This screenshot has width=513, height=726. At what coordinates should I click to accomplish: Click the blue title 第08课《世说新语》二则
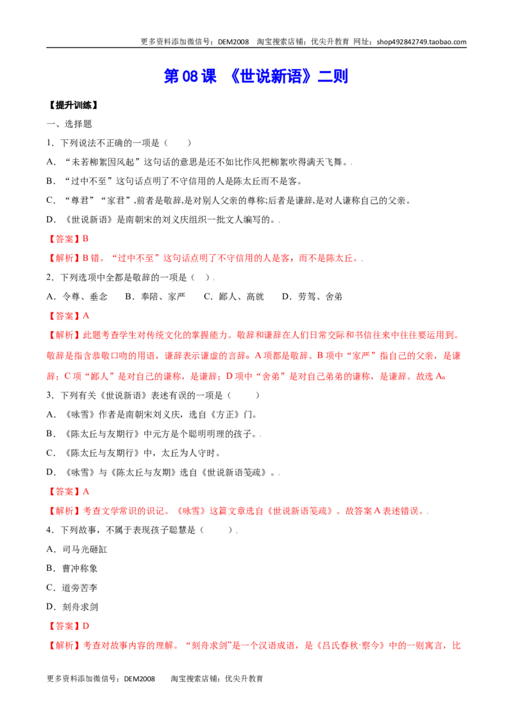(x=256, y=76)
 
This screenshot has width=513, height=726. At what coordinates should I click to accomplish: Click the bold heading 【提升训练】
(x=73, y=105)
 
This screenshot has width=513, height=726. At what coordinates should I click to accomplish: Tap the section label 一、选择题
(x=69, y=124)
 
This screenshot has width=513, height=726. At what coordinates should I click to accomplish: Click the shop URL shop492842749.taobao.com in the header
(x=421, y=42)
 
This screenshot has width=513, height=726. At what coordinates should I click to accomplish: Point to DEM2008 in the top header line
(x=233, y=42)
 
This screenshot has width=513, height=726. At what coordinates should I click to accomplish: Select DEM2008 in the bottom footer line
(x=139, y=679)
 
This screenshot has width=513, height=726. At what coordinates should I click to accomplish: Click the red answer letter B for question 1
(x=86, y=239)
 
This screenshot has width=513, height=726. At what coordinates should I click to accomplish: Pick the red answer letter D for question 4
(x=86, y=626)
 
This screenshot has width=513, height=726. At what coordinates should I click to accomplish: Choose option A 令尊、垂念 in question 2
(x=78, y=297)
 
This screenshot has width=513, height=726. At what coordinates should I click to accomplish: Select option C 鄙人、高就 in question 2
(x=234, y=297)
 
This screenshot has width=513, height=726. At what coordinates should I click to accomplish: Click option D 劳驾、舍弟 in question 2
(x=312, y=297)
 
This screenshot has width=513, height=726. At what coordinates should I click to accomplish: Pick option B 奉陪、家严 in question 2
(x=155, y=297)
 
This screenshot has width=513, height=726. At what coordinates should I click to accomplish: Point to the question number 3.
(x=49, y=396)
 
